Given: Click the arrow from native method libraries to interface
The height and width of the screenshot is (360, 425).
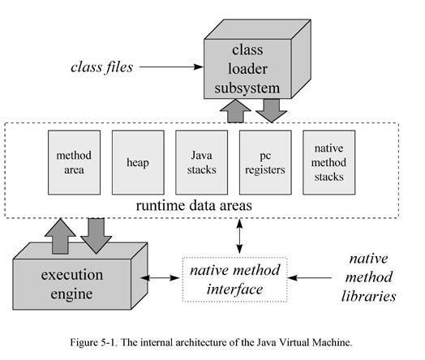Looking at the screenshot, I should [x=311, y=277].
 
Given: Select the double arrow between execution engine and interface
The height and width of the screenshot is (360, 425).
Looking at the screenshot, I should [x=165, y=277].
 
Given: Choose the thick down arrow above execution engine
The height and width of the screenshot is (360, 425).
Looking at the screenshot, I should [x=96, y=235].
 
